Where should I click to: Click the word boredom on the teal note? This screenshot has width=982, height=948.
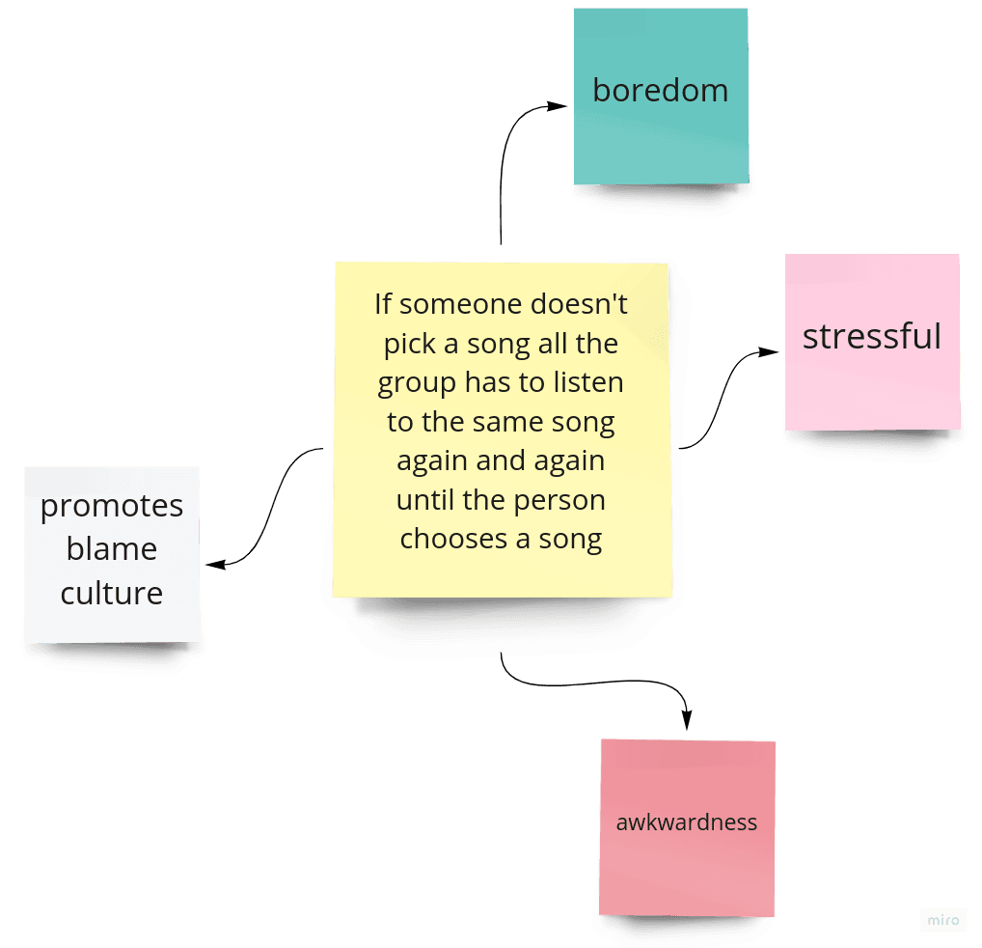tap(660, 91)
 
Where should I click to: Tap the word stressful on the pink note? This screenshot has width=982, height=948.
tap(871, 336)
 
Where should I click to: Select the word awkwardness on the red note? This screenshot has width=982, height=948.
tap(687, 823)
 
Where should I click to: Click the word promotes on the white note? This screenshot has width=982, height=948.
tap(112, 507)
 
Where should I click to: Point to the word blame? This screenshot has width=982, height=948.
tap(112, 549)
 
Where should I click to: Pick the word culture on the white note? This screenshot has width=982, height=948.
tap(112, 593)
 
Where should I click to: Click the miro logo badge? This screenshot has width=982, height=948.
tap(942, 920)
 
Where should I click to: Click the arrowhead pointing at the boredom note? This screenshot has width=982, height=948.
tap(559, 105)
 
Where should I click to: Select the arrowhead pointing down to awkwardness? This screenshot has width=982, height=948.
tap(687, 720)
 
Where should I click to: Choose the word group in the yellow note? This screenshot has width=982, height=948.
tap(417, 383)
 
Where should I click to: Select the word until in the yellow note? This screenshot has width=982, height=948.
tap(423, 500)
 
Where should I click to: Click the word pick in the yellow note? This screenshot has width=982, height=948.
tap(405, 344)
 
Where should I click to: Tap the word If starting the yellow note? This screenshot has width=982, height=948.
tap(383, 304)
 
